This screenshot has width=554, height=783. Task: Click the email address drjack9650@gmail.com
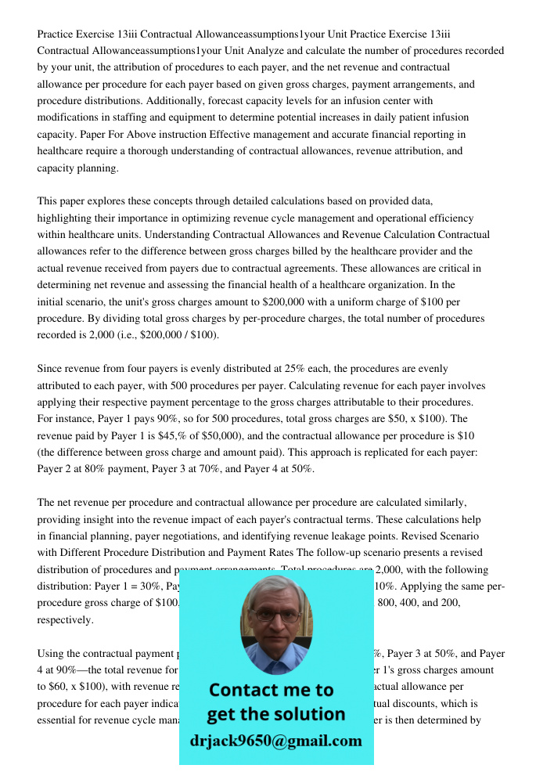[276, 741]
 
